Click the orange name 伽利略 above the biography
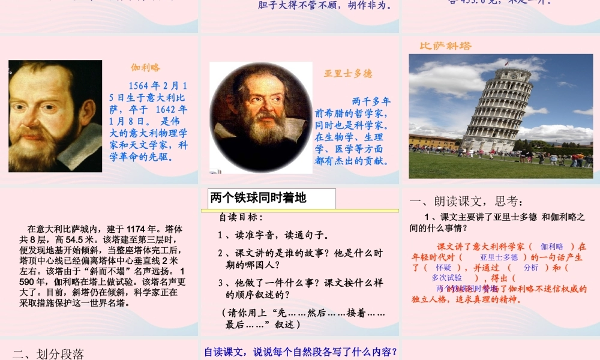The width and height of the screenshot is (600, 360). pyautogui.click(x=146, y=68)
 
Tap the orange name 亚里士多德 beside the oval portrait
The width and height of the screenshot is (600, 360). pyautogui.click(x=348, y=73)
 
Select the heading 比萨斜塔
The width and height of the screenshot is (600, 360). pyautogui.click(x=445, y=46)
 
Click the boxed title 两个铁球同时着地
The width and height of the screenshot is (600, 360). pyautogui.click(x=259, y=198)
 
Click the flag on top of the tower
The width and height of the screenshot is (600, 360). pyautogui.click(x=506, y=62)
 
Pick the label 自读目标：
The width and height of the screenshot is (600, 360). pyautogui.click(x=241, y=217)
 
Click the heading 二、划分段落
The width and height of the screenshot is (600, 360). pyautogui.click(x=49, y=353)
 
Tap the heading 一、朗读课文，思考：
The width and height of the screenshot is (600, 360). pyautogui.click(x=467, y=201)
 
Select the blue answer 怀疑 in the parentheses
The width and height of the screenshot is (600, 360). pyautogui.click(x=443, y=268)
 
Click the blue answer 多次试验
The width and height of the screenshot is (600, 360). pyautogui.click(x=447, y=278)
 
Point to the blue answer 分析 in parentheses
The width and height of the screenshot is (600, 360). pyautogui.click(x=531, y=268)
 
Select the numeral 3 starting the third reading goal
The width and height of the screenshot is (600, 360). pyautogui.click(x=220, y=283)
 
